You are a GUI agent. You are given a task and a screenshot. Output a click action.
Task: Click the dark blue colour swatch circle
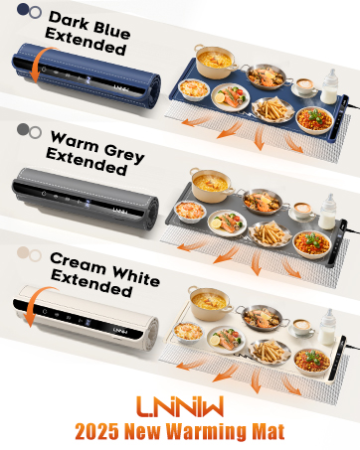pyautogui.click(x=23, y=11)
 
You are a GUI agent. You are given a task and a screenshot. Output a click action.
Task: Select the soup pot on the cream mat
pyautogui.click(x=211, y=299)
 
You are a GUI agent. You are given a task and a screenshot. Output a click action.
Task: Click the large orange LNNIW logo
pyautogui.click(x=179, y=408)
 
